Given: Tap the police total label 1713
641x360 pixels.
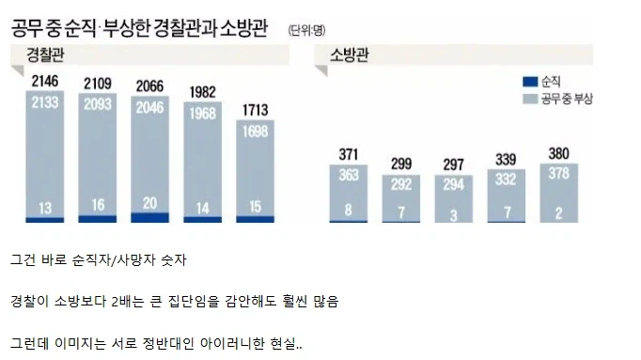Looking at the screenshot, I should [x=255, y=109].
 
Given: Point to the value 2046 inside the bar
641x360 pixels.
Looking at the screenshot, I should [x=150, y=106].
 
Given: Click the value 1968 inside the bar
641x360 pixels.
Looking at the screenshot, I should [x=203, y=117].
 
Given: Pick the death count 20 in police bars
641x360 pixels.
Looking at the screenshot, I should [x=150, y=202].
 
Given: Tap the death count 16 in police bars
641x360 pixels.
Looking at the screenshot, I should [x=98, y=205].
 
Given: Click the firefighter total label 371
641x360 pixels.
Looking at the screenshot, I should [x=348, y=155].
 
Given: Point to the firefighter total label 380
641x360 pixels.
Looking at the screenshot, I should [x=558, y=154].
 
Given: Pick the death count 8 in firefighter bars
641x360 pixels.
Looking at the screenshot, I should [x=348, y=211].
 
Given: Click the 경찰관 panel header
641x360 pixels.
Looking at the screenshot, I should [x=47, y=52].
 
